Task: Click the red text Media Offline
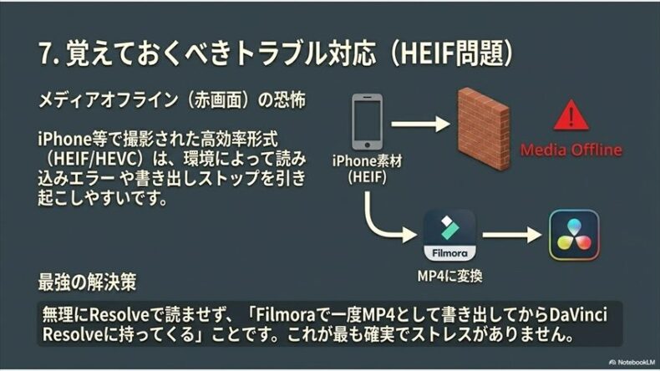point(571,150)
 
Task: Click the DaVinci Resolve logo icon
point(573,235)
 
